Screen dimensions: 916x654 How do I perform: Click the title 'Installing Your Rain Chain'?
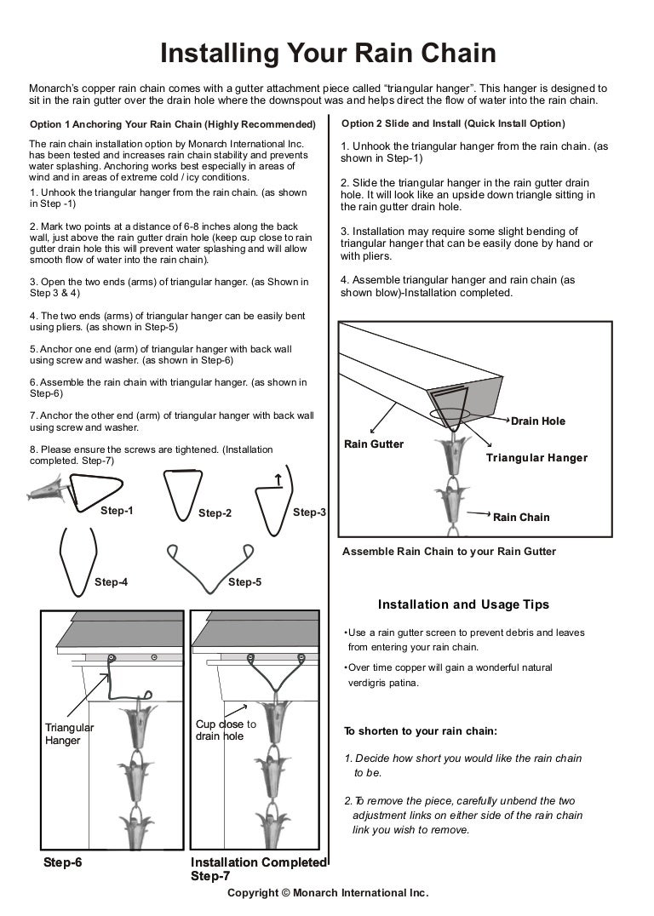pyautogui.click(x=328, y=54)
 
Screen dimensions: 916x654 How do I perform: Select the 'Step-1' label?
pyautogui.click(x=117, y=511)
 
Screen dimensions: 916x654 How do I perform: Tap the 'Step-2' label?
pyautogui.click(x=215, y=512)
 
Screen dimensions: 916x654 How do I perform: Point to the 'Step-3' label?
pyautogui.click(x=309, y=512)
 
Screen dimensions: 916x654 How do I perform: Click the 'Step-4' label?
pyautogui.click(x=112, y=582)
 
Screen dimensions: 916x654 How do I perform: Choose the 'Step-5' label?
pyautogui.click(x=245, y=582)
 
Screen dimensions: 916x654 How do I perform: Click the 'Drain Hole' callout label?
pyautogui.click(x=537, y=421)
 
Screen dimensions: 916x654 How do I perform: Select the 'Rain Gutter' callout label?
pyautogui.click(x=373, y=444)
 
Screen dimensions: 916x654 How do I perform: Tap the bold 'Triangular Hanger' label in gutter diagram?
pyautogui.click(x=536, y=458)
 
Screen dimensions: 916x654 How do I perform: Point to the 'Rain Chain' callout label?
pyautogui.click(x=521, y=517)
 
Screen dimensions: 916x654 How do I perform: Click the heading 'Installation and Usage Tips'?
pyautogui.click(x=463, y=604)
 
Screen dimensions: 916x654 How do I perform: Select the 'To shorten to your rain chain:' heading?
pyautogui.click(x=420, y=731)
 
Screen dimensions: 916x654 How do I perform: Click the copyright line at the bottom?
pyautogui.click(x=327, y=893)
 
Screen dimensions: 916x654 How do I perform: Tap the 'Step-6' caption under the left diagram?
pyautogui.click(x=63, y=862)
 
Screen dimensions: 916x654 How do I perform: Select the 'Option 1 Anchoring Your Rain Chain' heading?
pyautogui.click(x=172, y=124)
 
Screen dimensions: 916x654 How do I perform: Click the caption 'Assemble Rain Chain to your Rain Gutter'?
pyautogui.click(x=449, y=552)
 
